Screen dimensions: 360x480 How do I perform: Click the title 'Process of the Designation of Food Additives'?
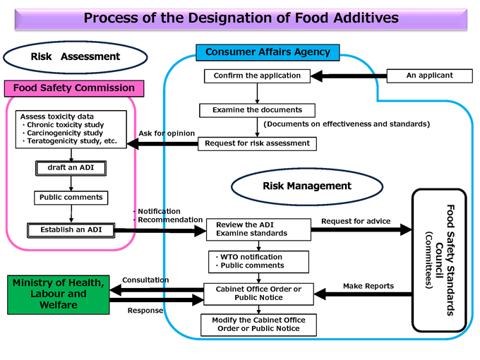point(240,18)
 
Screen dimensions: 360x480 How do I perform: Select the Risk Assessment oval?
point(76,56)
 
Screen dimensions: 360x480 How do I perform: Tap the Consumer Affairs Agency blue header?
point(268,52)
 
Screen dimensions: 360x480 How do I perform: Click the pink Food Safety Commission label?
point(74,88)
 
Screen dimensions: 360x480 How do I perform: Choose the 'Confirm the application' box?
point(257,76)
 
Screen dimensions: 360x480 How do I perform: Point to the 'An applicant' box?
point(429,76)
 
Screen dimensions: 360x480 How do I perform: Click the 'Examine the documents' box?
point(257,110)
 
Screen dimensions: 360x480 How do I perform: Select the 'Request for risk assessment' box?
point(257,143)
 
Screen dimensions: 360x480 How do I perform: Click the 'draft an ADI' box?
point(71,168)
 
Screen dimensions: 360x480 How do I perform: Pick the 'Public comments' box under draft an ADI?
point(71,198)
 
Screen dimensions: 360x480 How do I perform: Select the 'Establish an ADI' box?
point(71,229)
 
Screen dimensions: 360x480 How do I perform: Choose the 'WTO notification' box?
point(259,261)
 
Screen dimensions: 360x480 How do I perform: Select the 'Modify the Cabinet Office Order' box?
point(258,324)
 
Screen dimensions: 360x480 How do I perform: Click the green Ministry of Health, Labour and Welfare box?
point(59,294)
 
